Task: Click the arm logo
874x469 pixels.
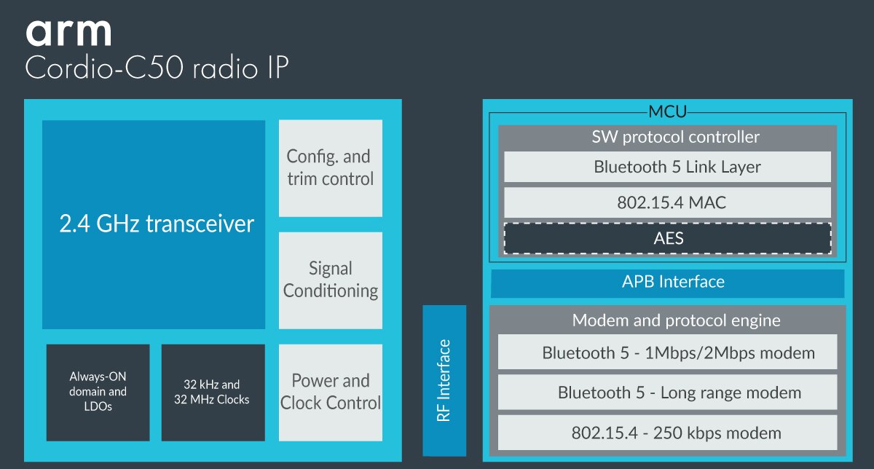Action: pos(68,33)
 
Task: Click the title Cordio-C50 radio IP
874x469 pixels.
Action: pos(157,69)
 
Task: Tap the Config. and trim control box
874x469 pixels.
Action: pos(330,167)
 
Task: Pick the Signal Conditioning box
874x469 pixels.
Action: pos(330,280)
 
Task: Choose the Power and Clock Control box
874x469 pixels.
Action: pos(330,392)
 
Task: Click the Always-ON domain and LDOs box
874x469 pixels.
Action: pos(98,392)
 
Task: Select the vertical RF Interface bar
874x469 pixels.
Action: pos(444,379)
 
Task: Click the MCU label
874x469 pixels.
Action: pos(667,113)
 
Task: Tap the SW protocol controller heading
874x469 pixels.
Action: pos(666,137)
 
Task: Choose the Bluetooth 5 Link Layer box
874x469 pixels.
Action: pos(666,167)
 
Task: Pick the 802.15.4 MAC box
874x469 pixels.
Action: pos(666,202)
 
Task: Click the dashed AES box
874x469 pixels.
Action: pos(666,237)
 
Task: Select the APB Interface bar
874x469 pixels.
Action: pos(667,283)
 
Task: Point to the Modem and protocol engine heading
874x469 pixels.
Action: pos(666,320)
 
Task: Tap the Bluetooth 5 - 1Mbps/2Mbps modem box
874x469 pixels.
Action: pos(666,354)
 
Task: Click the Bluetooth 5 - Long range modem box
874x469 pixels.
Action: pos(666,393)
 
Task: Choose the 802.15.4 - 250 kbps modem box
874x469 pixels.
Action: pos(666,433)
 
